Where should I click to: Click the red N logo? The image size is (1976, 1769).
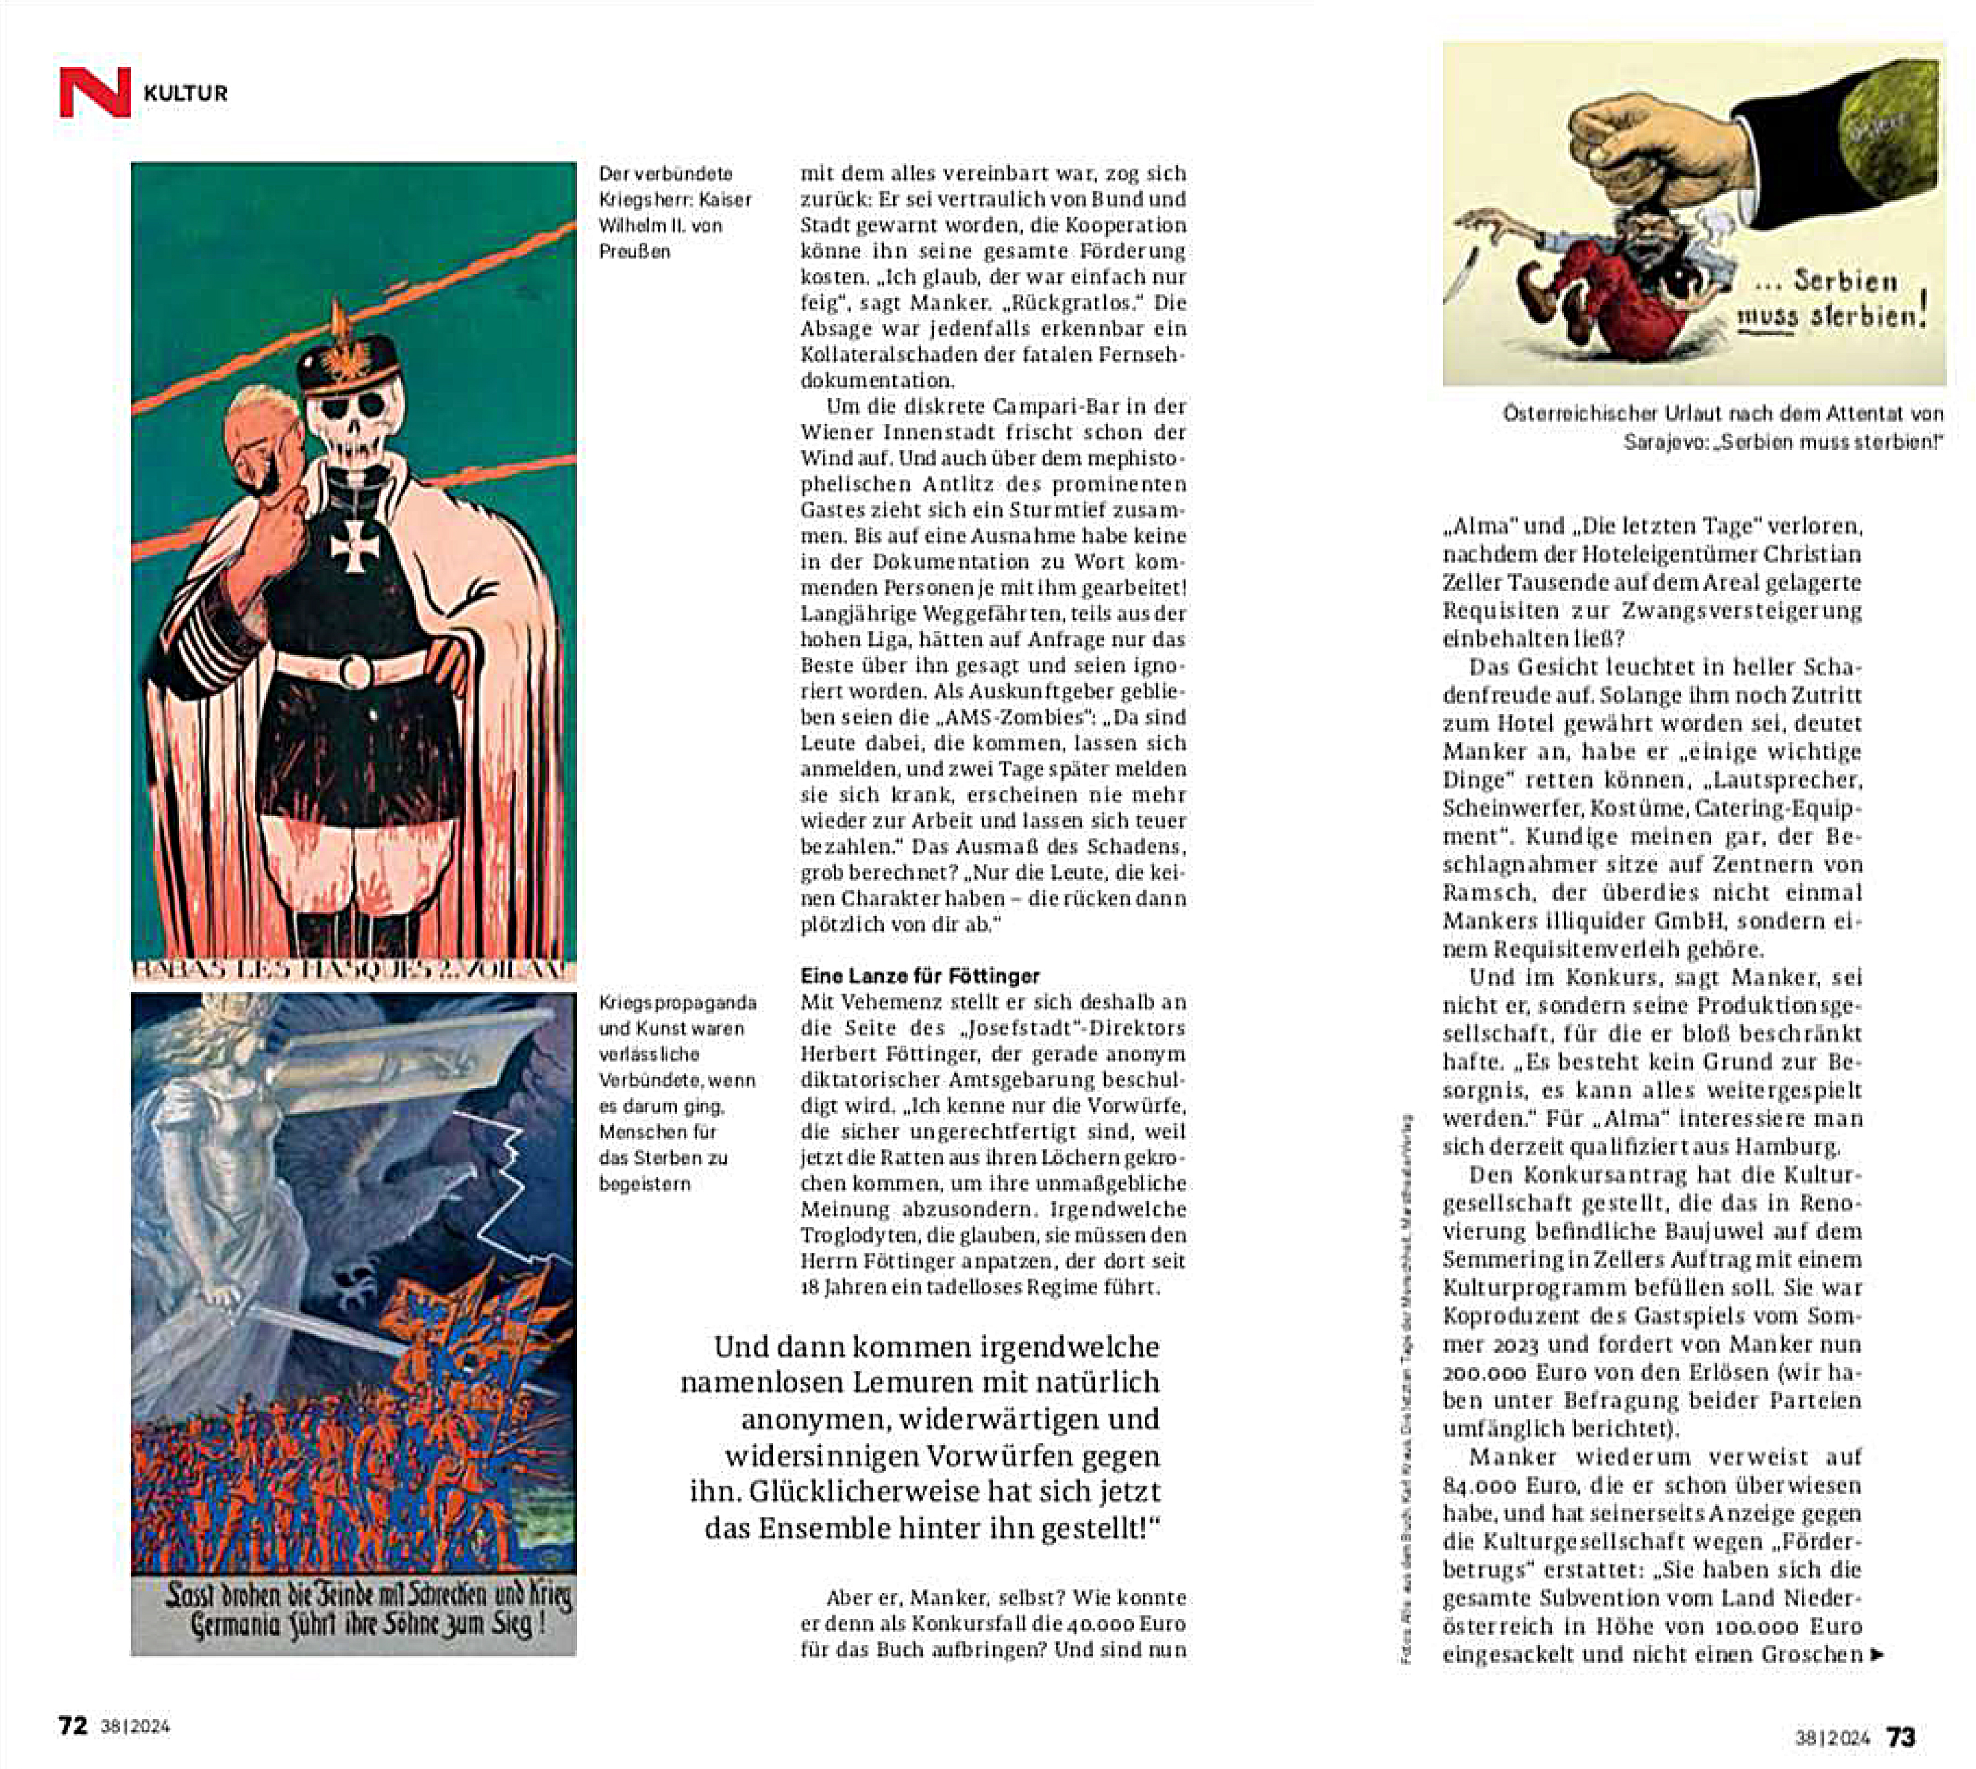tap(94, 92)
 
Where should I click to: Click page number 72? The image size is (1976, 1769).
tap(73, 1725)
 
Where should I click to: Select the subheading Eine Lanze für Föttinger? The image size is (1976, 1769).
tap(920, 976)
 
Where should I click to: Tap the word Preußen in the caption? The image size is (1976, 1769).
tap(634, 251)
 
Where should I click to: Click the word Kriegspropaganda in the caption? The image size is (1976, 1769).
tap(677, 1002)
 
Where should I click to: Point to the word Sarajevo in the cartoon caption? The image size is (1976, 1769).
tap(1665, 441)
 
